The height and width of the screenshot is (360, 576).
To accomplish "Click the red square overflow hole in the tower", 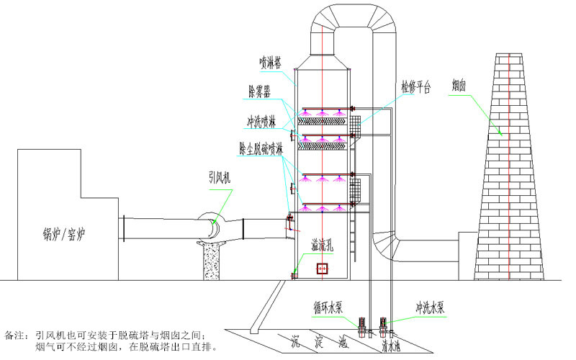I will click(322, 269).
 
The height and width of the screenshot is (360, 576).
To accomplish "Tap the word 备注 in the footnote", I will click(15, 335).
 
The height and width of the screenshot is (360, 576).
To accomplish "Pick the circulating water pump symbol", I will click(364, 326).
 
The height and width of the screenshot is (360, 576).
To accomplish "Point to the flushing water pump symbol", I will click(385, 326).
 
